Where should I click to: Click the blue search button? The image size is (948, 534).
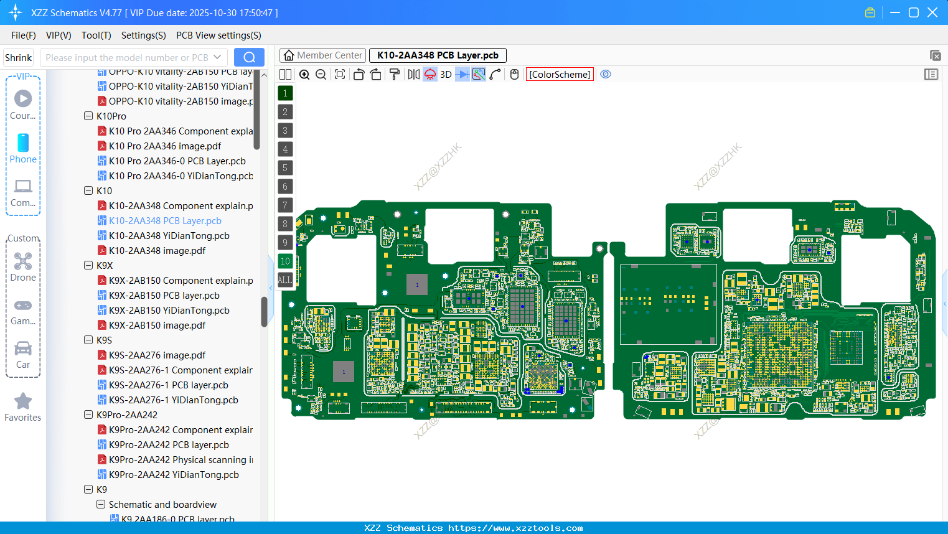pos(249,57)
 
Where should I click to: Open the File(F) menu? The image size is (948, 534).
pos(24,35)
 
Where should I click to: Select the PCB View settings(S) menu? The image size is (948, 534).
pos(218,35)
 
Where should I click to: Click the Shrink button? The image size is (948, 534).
pos(18,57)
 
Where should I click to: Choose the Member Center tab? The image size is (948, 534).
pos(323,55)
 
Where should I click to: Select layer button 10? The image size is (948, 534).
pos(285,261)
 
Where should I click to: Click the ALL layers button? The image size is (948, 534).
pos(285,280)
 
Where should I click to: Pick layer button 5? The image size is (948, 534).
pos(285,168)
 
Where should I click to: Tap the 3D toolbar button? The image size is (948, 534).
pos(446,75)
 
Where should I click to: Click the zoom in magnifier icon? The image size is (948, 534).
pos(304,75)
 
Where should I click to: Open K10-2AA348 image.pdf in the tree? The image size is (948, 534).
pos(157,251)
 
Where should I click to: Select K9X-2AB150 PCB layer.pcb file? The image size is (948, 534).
pos(164,296)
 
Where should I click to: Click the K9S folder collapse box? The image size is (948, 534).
pos(88,340)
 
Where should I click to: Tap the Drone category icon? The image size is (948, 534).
pos(23,261)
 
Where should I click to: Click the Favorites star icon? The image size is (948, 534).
pos(23,401)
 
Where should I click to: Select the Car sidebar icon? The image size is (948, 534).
pos(23,349)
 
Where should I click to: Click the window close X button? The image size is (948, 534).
pos(932,12)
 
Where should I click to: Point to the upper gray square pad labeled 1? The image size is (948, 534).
pos(417,284)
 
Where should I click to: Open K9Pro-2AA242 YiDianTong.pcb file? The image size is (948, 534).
pos(174,475)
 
